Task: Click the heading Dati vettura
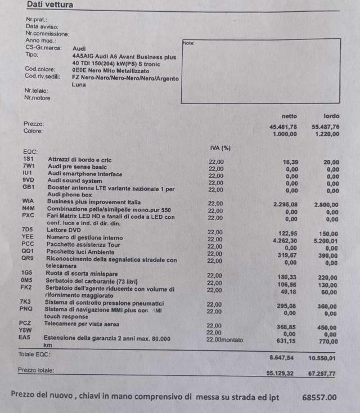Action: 49,5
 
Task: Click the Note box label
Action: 188,43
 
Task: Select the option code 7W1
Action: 29,167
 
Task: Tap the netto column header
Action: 289,116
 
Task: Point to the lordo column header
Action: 331,116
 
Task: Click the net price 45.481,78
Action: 283,127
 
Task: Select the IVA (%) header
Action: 220,148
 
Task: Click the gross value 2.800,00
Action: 326,205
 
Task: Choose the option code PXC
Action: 29,216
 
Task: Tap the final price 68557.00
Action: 319,397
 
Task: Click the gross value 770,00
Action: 329,341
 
